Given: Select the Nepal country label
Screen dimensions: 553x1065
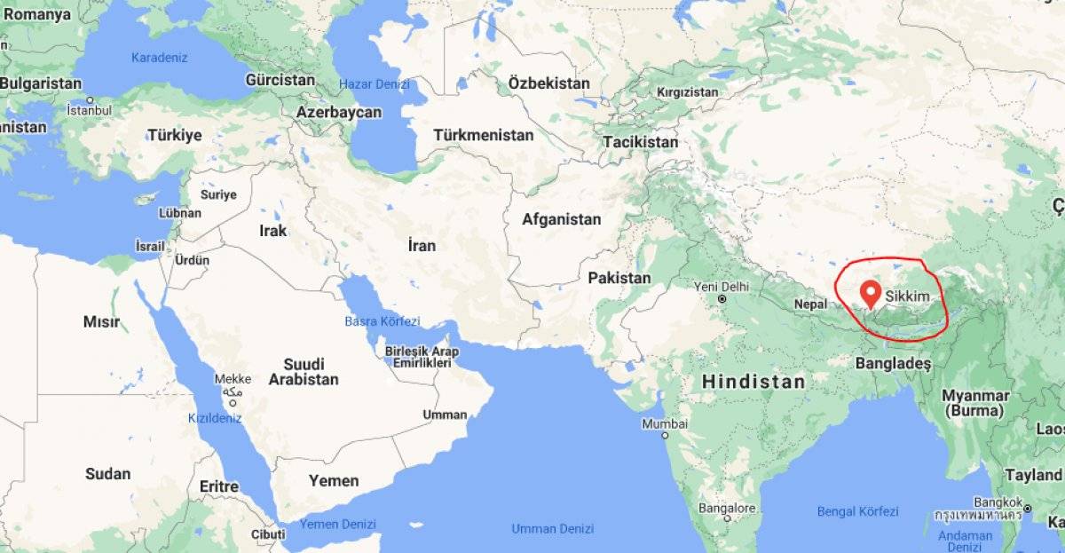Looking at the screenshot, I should (x=810, y=303).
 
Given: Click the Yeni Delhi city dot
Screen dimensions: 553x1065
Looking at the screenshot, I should (x=723, y=299).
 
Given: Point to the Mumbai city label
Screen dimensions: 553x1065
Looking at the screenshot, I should (x=665, y=423).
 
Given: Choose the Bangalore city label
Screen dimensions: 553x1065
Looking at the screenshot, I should (x=726, y=509).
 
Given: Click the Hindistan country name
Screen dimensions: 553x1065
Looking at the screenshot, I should (x=753, y=382).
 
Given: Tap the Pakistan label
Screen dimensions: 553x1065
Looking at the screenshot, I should (x=619, y=278).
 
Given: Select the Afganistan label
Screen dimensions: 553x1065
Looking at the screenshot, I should (x=561, y=219).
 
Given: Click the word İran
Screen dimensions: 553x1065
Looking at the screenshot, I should (x=422, y=245).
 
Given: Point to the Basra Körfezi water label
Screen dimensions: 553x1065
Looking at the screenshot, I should (x=382, y=320).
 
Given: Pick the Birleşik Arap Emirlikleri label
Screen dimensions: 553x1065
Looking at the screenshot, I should (x=422, y=356).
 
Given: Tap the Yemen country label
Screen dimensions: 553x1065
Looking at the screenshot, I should (x=334, y=481).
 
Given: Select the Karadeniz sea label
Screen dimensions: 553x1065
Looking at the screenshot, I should (x=160, y=58).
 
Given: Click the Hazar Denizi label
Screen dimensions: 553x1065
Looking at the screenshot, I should (x=375, y=84).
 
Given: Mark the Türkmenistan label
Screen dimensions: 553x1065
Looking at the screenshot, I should (x=484, y=135).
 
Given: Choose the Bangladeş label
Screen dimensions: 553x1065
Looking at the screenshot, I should (x=893, y=364).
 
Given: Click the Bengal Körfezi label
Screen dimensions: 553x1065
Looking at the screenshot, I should (x=856, y=511).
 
